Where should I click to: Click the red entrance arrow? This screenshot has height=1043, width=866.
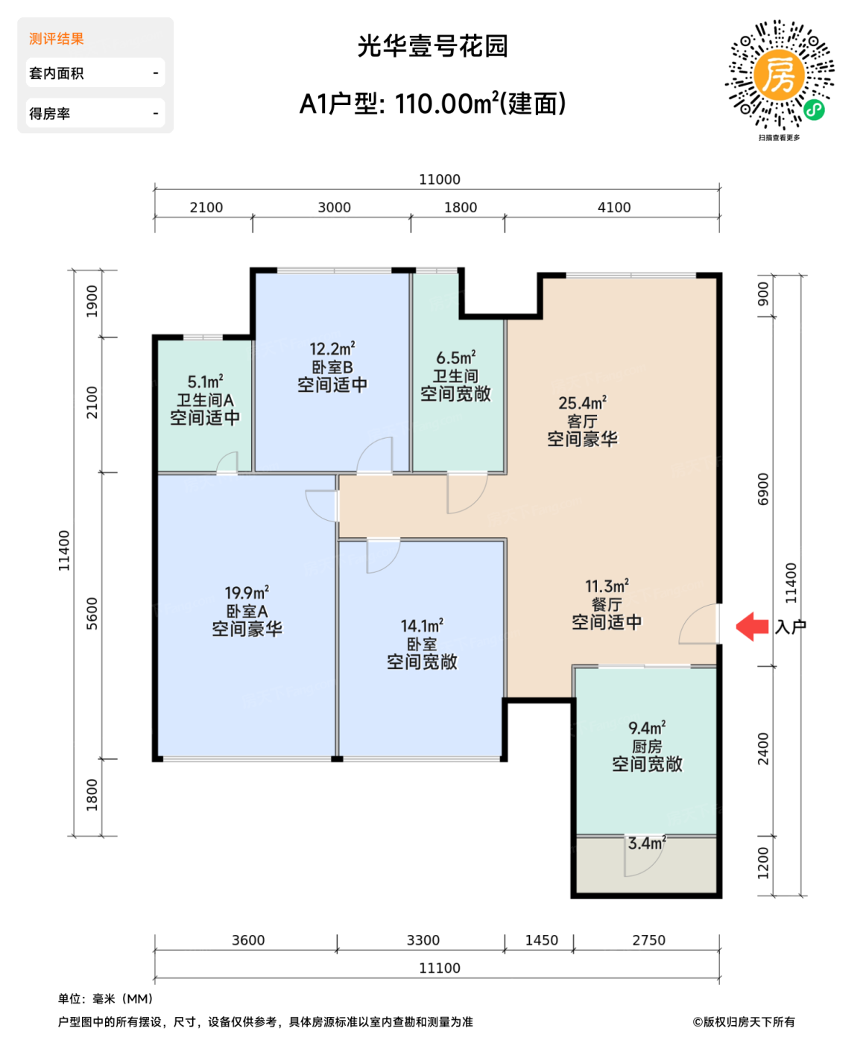(x=753, y=627)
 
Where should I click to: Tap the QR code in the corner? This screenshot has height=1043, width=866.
(x=780, y=75)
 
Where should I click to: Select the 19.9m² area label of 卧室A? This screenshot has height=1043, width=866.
(x=247, y=593)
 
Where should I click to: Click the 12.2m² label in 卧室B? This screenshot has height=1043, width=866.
(x=332, y=349)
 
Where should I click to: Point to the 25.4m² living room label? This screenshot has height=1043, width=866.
(x=582, y=403)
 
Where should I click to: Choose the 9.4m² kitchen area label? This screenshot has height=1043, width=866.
(x=647, y=728)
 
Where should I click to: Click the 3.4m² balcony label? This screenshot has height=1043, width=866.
(x=646, y=843)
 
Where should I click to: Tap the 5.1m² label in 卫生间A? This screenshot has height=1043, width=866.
(x=205, y=382)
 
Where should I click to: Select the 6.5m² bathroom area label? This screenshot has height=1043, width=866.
(x=455, y=358)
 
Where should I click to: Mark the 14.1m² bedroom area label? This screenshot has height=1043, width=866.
(x=422, y=627)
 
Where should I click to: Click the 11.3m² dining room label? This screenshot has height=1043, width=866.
(x=607, y=586)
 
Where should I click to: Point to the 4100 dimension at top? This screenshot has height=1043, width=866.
(x=614, y=208)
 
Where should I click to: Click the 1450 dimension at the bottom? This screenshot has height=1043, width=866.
(x=541, y=940)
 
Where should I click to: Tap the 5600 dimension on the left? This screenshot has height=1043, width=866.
(x=92, y=614)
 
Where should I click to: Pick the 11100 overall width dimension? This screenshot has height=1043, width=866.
(x=440, y=968)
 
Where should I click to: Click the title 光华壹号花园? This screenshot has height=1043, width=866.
(x=432, y=46)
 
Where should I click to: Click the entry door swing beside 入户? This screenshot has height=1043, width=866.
(x=699, y=624)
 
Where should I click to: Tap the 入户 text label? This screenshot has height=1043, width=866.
(x=791, y=627)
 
